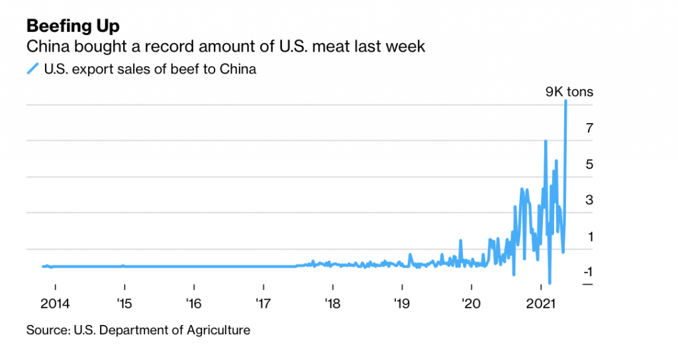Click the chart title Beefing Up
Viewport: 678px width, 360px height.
[73, 26]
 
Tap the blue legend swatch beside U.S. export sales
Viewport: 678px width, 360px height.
[32, 68]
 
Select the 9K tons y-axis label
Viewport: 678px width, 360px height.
[569, 92]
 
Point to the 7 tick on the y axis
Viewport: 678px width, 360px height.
[587, 128]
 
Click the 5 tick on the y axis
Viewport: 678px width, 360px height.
[587, 164]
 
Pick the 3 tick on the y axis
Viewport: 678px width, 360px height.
[587, 201]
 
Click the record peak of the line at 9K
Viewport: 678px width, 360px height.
[566, 101]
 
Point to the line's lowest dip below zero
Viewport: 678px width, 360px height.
[550, 283]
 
